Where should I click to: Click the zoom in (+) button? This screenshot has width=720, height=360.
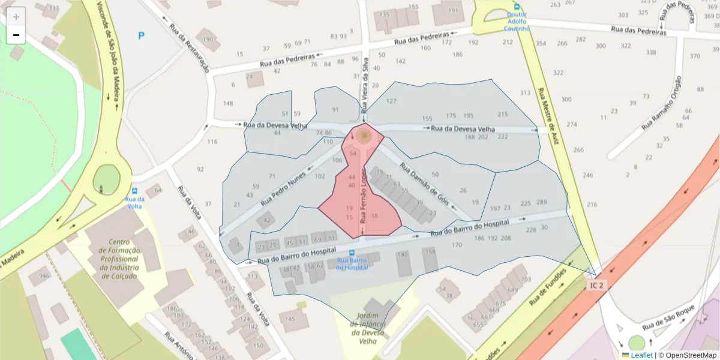[x=16, y=16]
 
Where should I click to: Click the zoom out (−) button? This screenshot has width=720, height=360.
[x=16, y=35]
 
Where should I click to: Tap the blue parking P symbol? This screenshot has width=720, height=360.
[x=142, y=36]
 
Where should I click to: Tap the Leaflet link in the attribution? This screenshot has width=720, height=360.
[x=641, y=355]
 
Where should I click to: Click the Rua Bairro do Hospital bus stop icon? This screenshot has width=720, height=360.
[x=352, y=253]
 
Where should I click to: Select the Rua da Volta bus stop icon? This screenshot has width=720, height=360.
[x=134, y=191]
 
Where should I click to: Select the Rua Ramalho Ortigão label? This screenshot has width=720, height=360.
[x=662, y=103]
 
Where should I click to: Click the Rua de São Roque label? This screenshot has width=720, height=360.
[x=668, y=318]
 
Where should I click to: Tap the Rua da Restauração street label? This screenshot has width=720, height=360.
[x=189, y=48]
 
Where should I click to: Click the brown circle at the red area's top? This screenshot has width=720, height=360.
[x=363, y=136]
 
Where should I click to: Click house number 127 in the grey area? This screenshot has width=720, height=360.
[x=391, y=101]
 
